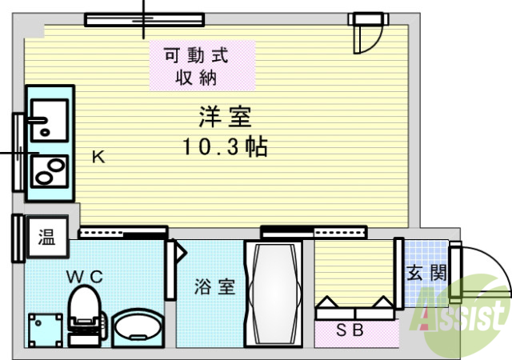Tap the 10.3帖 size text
(224, 147)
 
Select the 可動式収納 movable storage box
(196, 67)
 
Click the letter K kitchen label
(97, 158)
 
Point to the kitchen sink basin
(49, 118)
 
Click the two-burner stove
(49, 170)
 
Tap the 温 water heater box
(47, 237)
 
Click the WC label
(84, 276)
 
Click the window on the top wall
(144, 19)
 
